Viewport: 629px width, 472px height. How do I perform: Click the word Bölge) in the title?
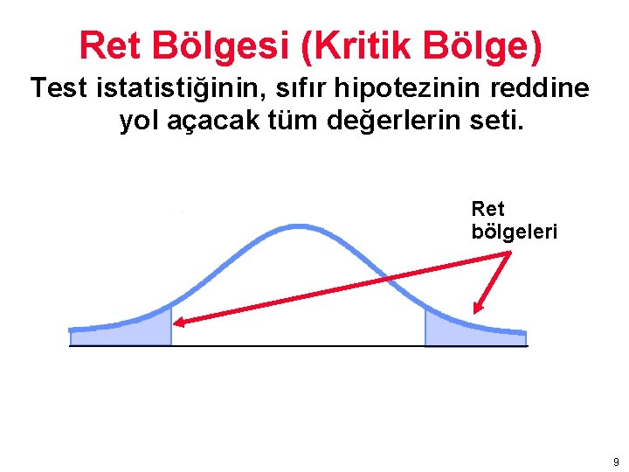(488, 47)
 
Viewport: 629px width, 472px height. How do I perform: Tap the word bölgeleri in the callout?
(514, 233)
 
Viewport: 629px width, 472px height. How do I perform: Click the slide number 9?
(616, 462)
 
